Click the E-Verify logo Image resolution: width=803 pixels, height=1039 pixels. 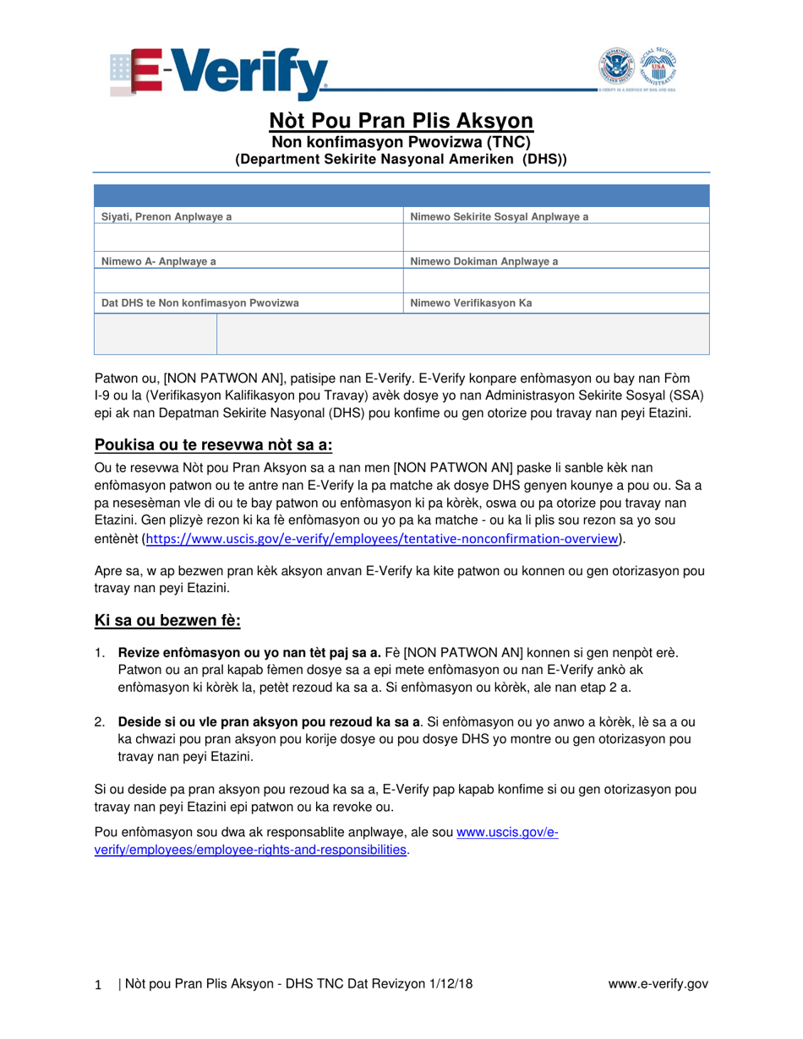click(219, 72)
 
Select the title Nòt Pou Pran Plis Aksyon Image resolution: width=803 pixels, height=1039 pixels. click(401, 119)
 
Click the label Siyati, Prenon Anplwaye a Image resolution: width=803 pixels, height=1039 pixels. click(167, 217)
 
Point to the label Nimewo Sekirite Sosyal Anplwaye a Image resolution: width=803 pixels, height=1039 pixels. click(499, 217)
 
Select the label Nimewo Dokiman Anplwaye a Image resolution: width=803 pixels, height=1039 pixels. click(483, 261)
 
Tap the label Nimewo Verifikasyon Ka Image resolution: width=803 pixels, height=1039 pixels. click(471, 302)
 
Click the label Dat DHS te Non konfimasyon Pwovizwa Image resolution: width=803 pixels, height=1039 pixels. click(200, 302)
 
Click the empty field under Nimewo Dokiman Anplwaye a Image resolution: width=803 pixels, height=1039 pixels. click(556, 281)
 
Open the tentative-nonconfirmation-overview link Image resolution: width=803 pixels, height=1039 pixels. click(385, 538)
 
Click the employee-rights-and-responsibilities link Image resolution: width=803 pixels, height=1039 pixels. click(249, 850)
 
